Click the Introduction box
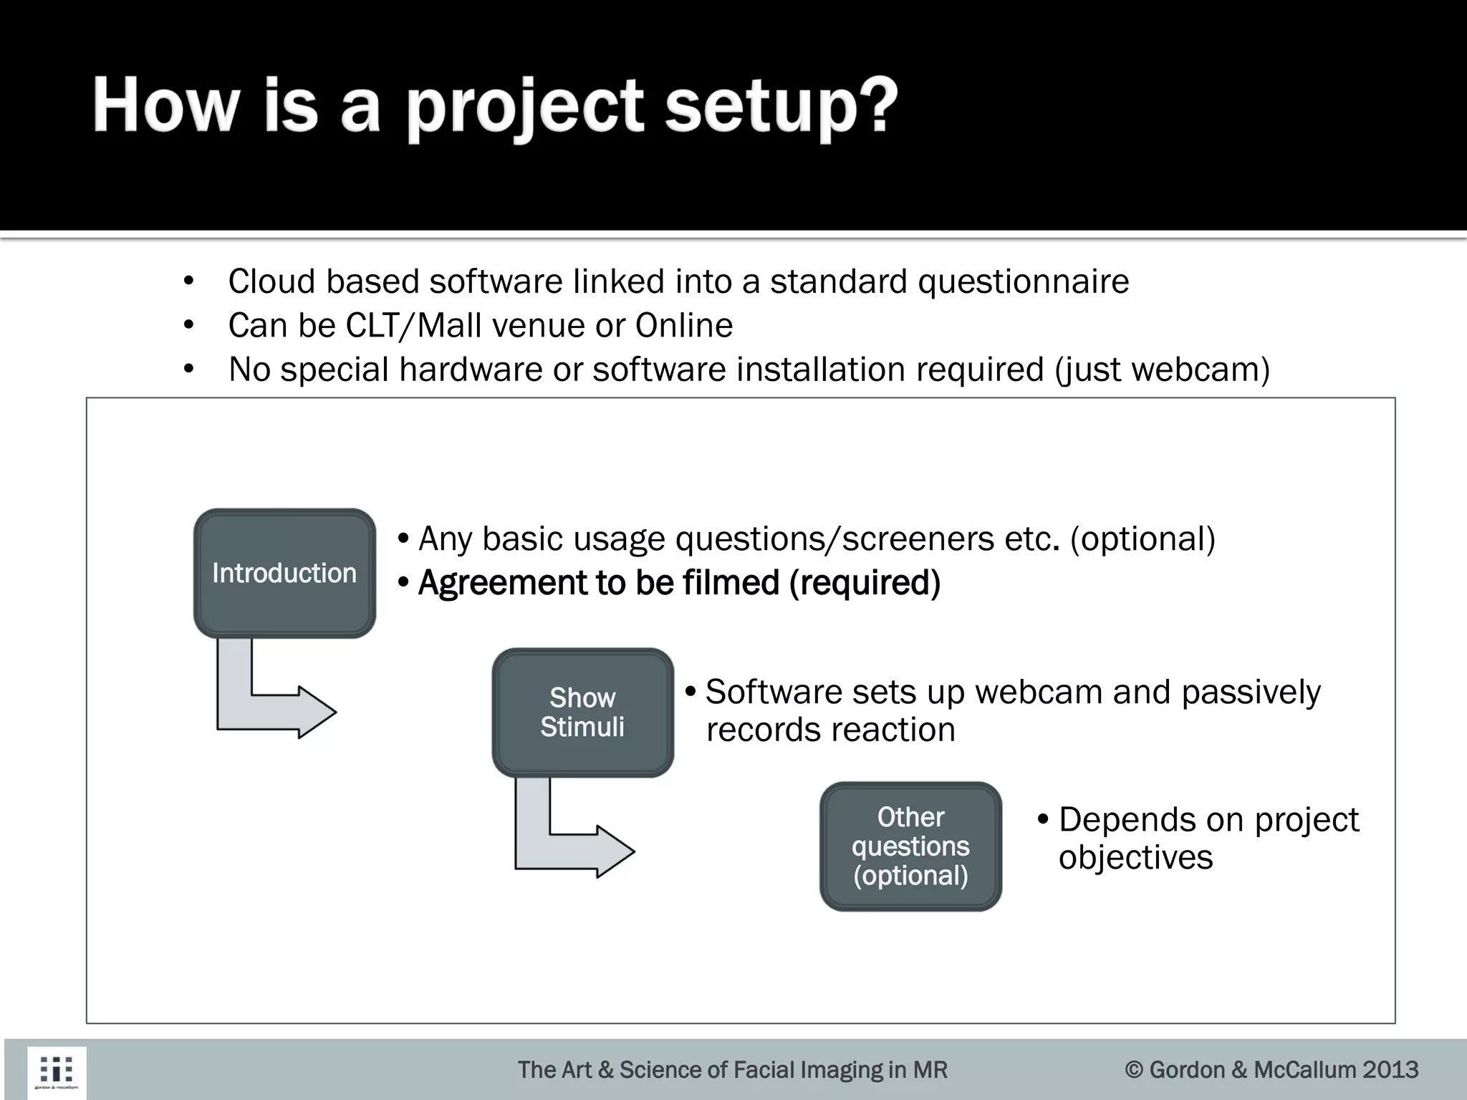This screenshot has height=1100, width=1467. tap(284, 573)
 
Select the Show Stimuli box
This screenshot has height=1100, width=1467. tap(582, 712)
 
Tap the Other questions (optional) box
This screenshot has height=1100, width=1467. tap(910, 846)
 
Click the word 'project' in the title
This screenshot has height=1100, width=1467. tap(526, 107)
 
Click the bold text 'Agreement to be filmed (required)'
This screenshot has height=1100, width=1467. tap(678, 583)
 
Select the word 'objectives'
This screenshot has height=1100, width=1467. tap(1135, 858)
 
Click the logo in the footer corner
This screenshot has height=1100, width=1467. tap(57, 1071)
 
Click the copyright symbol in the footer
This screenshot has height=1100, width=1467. tap(1134, 1070)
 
